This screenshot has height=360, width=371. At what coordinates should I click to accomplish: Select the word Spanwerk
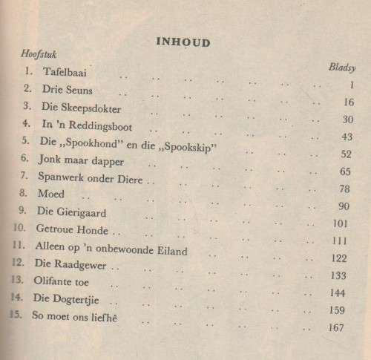click(56, 177)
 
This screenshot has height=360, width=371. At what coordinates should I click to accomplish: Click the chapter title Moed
click(47, 194)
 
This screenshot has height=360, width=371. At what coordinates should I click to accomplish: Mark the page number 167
click(337, 328)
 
